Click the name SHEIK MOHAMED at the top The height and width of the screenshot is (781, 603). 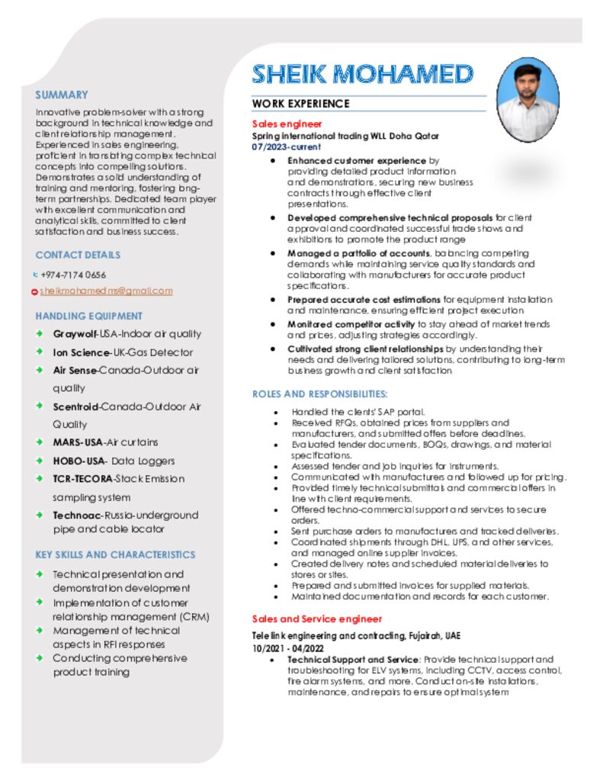tap(362, 74)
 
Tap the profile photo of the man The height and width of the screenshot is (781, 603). tap(528, 99)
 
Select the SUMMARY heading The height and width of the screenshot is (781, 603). tap(62, 95)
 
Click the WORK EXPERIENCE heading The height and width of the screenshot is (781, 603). tap(300, 104)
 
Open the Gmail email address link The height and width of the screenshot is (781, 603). tap(106, 291)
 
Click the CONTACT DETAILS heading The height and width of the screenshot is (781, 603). tap(78, 255)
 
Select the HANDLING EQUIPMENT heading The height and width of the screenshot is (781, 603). tap(88, 316)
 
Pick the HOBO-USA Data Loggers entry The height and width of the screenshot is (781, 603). tap(114, 461)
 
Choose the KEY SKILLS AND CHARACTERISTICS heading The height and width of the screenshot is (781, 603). tap(115, 554)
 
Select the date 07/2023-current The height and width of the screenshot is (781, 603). tap(287, 146)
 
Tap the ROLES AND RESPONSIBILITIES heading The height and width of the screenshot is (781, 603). tap(320, 394)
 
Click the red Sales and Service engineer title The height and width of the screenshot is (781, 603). tap(316, 619)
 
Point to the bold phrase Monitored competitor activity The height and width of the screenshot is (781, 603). tap(351, 324)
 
